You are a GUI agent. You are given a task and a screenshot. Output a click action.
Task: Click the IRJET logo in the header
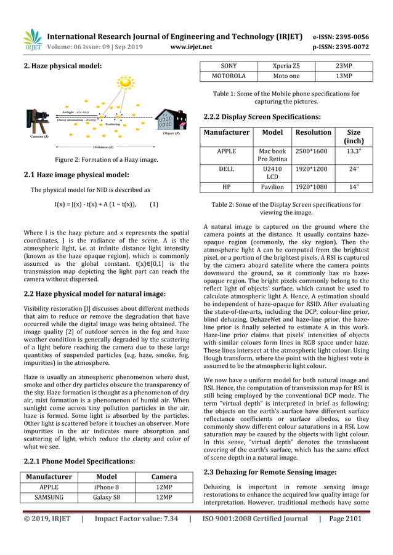(33, 40)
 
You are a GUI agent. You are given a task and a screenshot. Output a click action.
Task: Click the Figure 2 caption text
(103, 159)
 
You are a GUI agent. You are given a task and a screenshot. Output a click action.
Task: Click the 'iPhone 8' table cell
(109, 487)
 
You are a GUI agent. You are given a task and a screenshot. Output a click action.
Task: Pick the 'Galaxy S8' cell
(109, 497)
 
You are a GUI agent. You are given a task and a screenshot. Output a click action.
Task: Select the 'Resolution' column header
(313, 132)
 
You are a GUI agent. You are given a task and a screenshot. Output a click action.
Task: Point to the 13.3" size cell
(354, 151)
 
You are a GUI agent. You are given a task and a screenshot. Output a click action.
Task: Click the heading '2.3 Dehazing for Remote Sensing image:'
(270, 472)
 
